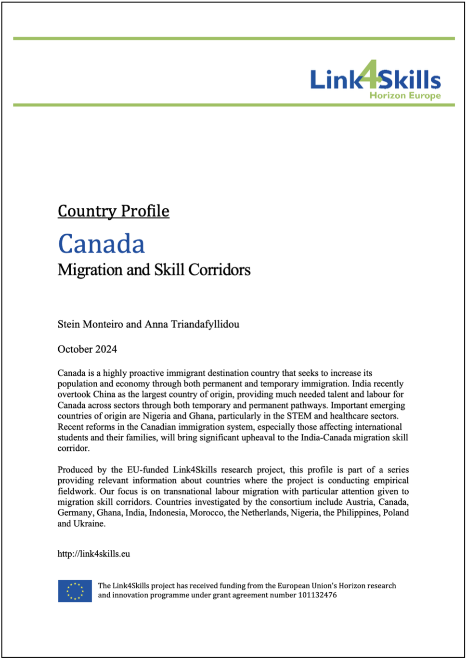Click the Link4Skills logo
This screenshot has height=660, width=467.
click(x=375, y=80)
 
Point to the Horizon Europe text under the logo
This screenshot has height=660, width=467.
click(x=405, y=95)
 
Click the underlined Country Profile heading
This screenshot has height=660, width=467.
click(x=113, y=211)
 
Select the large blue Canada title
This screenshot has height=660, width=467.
click(x=101, y=243)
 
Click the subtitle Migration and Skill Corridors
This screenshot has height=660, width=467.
click(x=154, y=270)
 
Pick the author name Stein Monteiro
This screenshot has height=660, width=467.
click(x=90, y=324)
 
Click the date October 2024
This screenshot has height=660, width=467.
click(x=87, y=349)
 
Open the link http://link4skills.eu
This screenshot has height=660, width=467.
click(x=94, y=554)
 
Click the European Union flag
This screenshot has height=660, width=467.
click(x=75, y=591)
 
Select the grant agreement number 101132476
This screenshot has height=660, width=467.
click(x=317, y=595)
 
